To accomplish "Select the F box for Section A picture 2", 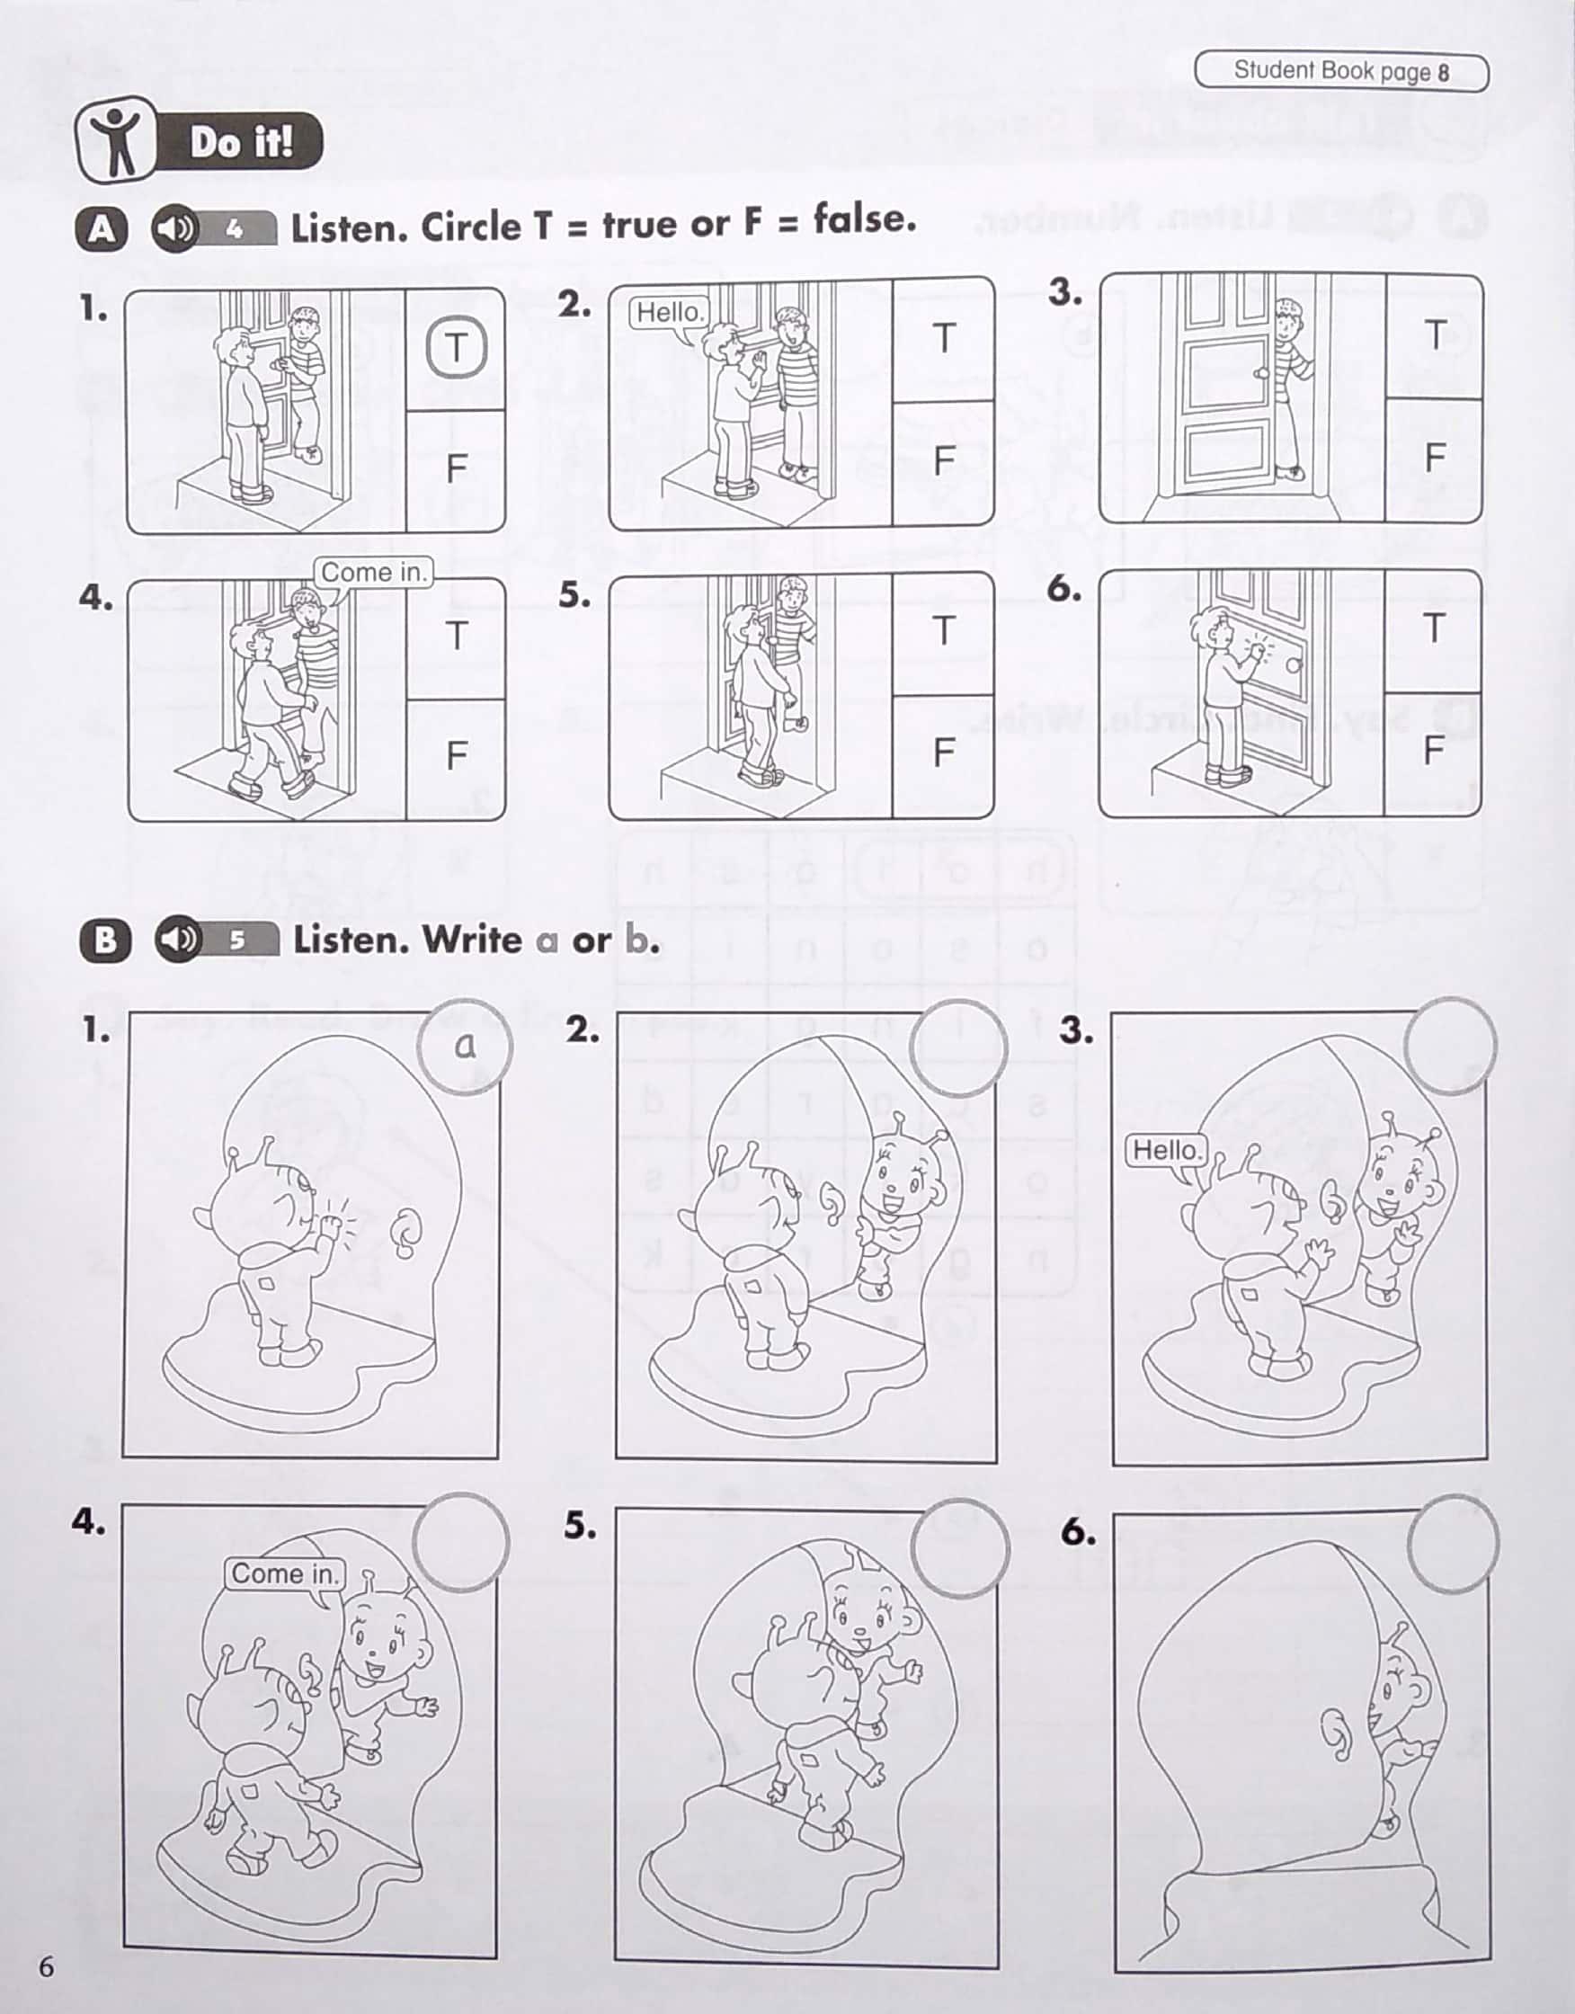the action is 942,462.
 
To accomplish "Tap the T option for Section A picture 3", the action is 1434,334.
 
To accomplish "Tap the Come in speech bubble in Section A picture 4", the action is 372,573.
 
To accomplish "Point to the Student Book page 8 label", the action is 1341,72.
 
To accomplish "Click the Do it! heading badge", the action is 200,141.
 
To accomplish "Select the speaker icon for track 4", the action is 174,227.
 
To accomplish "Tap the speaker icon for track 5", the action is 178,939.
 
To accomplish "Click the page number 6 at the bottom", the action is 46,1966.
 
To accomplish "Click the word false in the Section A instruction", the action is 865,219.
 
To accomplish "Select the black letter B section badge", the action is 104,940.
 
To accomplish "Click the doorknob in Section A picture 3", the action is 1260,373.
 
